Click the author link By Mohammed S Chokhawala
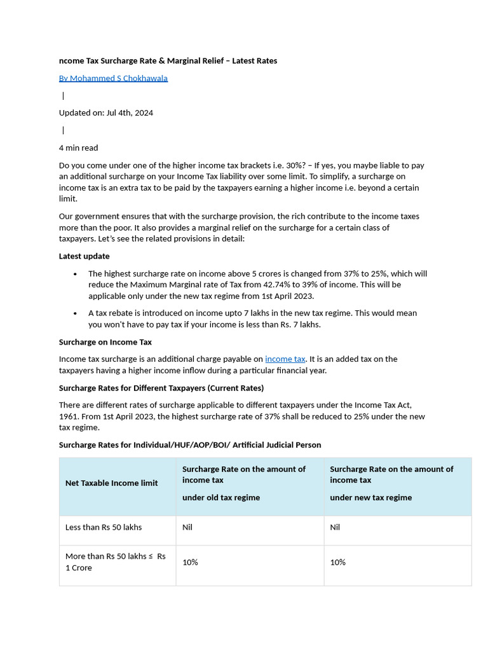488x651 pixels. (113, 78)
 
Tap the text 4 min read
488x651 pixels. (78, 147)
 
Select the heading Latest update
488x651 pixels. (84, 256)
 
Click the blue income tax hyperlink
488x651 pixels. (285, 359)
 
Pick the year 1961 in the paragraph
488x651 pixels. (69, 416)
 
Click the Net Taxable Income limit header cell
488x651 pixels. (111, 483)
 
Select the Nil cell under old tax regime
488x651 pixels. (187, 527)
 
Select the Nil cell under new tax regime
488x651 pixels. (335, 527)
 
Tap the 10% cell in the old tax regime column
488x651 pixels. (190, 562)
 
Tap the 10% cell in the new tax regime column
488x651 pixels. (337, 562)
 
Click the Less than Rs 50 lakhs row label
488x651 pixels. (104, 527)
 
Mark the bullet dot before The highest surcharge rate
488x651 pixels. (76, 274)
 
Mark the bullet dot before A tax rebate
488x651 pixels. (76, 313)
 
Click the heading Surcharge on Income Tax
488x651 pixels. (105, 342)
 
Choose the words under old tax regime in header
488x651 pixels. (221, 497)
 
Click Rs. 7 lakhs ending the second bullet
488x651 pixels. (300, 324)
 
